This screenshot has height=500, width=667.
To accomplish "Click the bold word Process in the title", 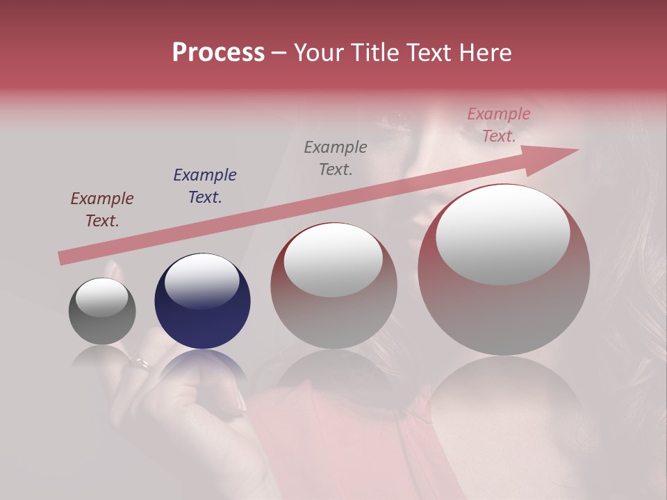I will click(218, 53).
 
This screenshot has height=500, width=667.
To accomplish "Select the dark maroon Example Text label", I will click(102, 210).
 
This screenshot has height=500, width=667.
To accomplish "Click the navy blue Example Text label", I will click(205, 186).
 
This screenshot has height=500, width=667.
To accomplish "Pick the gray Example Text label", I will click(336, 158).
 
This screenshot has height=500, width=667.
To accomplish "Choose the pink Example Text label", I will click(498, 125).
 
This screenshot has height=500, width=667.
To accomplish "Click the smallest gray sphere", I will click(102, 311).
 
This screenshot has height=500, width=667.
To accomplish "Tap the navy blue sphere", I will click(202, 301).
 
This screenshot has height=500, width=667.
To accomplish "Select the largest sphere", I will click(504, 269).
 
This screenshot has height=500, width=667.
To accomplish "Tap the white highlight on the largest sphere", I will click(502, 234).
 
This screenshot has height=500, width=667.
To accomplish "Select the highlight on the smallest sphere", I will click(101, 298).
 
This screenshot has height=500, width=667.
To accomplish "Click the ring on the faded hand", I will click(142, 362).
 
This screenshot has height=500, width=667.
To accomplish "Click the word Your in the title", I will click(320, 53).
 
